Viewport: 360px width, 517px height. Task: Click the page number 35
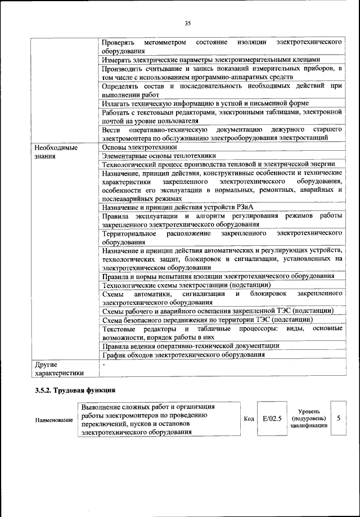coord(188,23)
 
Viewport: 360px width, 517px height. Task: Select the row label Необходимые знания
coord(55,152)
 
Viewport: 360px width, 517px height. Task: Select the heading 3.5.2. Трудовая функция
coord(75,389)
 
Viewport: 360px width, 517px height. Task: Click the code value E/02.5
coord(271,419)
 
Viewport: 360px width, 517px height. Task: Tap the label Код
coord(249,419)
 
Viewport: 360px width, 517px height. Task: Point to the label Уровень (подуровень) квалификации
coord(308,419)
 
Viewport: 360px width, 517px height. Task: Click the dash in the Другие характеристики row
coord(105,365)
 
